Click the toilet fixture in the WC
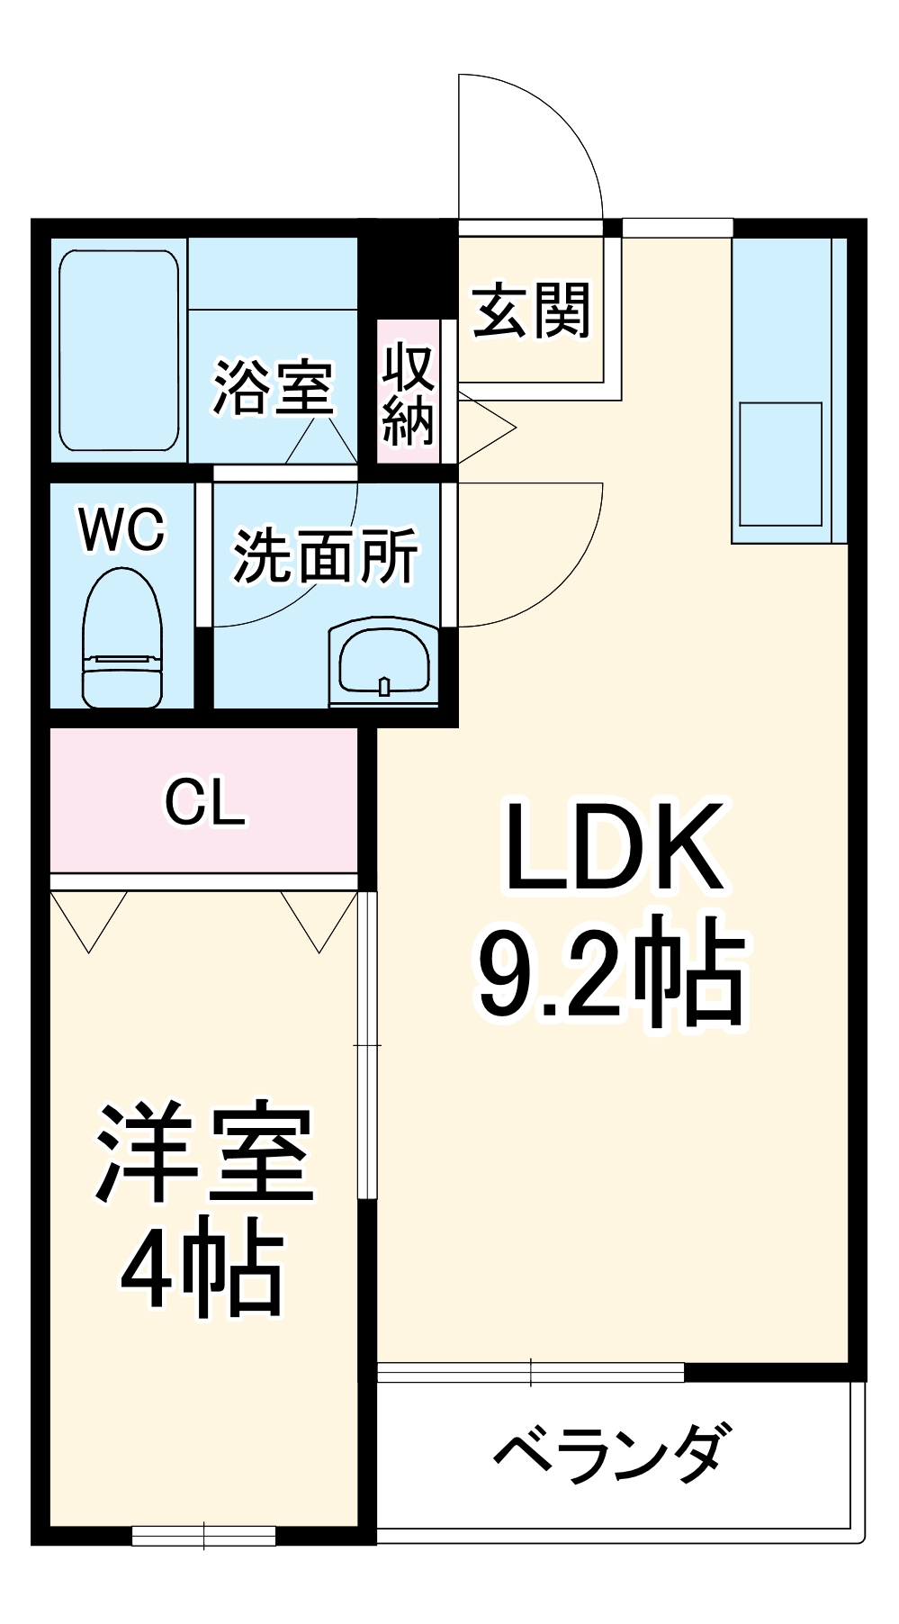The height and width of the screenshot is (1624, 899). (122, 639)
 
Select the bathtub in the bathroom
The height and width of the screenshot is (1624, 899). (119, 350)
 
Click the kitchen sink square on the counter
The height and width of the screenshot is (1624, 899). (780, 464)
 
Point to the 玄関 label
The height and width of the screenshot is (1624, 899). (531, 311)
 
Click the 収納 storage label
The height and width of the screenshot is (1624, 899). (409, 393)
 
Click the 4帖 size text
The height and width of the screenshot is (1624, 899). (202, 1268)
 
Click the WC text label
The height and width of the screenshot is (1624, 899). (122, 529)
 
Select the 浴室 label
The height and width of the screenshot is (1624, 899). (273, 388)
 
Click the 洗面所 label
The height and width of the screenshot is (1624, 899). (326, 555)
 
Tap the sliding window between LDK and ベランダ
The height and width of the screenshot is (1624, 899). (531, 1373)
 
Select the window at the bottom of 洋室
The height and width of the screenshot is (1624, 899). (204, 1535)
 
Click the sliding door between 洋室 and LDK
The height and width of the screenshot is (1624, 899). (367, 1044)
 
